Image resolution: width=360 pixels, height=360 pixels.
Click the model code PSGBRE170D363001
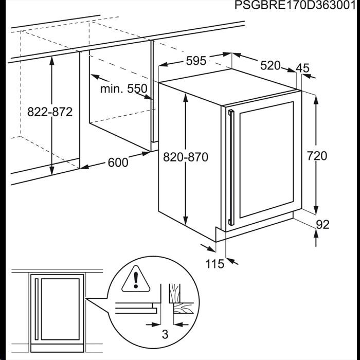295,5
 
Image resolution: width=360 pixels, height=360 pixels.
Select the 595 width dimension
196,61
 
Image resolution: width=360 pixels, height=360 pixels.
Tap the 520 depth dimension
271,65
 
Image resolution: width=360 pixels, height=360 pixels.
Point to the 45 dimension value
302,68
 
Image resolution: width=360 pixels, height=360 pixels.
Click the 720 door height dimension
317,156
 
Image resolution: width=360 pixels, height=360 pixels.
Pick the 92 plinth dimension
322,225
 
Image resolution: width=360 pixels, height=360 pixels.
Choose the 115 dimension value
214,264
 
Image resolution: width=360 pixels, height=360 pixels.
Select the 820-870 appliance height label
186,157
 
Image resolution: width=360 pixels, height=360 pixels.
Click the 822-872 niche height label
50,112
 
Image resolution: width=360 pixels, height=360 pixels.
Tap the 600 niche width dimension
118,163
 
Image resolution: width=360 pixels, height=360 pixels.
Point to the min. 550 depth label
124,88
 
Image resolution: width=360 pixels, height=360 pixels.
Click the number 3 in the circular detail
165,334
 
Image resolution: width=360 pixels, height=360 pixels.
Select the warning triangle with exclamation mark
136,279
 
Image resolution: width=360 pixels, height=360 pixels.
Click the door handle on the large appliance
231,168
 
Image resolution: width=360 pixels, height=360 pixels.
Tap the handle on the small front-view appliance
37,309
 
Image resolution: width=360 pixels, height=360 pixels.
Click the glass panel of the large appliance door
266,160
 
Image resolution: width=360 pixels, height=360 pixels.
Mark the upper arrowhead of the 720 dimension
316,101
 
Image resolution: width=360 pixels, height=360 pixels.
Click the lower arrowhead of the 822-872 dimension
52,169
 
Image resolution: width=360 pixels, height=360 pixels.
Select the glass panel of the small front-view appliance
60,309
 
